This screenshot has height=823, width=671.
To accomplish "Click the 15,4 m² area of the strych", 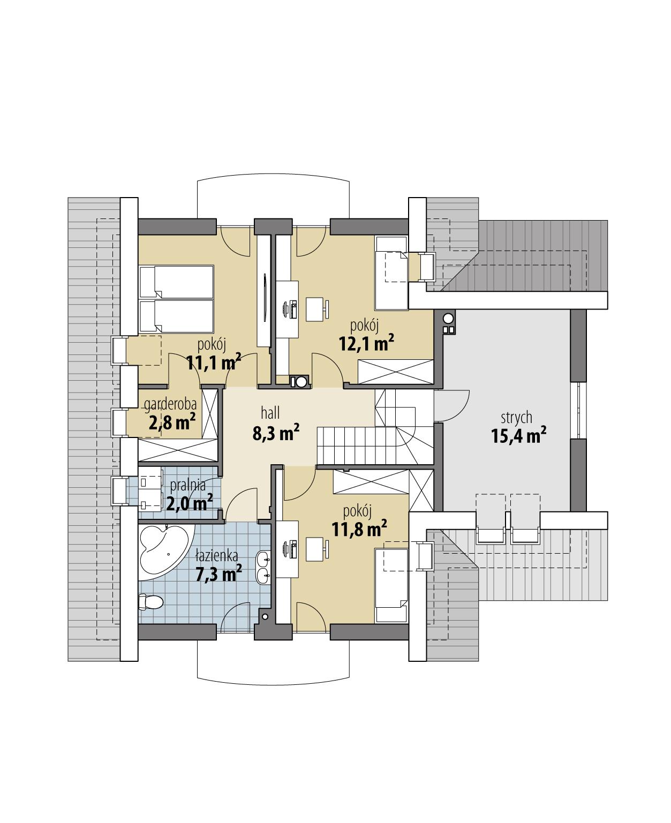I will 518,436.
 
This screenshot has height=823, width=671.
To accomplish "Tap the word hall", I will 270,413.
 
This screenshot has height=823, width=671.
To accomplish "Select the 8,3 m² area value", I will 275,433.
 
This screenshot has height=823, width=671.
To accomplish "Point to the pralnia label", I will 187,486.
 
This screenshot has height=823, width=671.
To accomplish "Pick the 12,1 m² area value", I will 366,343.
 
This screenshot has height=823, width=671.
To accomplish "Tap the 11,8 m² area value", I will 359,530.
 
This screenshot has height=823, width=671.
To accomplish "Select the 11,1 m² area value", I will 213,362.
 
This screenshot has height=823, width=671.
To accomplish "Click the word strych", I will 516,417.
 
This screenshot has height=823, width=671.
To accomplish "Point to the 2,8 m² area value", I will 171,423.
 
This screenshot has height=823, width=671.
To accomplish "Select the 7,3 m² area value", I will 218,575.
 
